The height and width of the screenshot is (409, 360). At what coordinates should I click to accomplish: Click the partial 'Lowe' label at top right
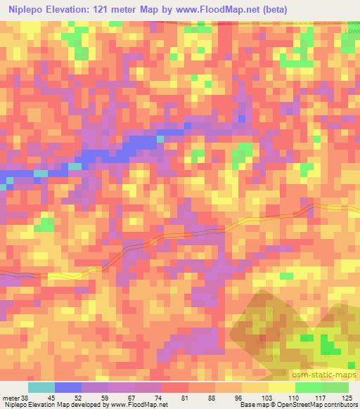pos(351,32)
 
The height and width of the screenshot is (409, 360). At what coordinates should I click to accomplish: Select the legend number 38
pos(27,397)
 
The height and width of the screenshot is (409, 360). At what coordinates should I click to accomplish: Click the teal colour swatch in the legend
pos(41,387)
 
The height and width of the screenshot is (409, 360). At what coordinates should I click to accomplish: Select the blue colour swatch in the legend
pos(68,387)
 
